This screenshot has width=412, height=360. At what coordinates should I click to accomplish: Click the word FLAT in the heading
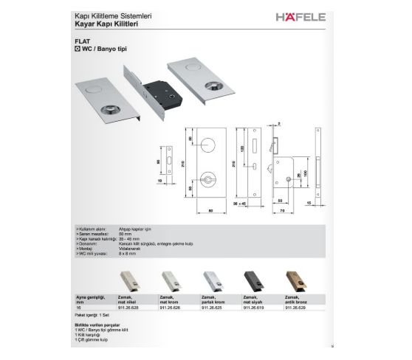pyautogui.click(x=82, y=43)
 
